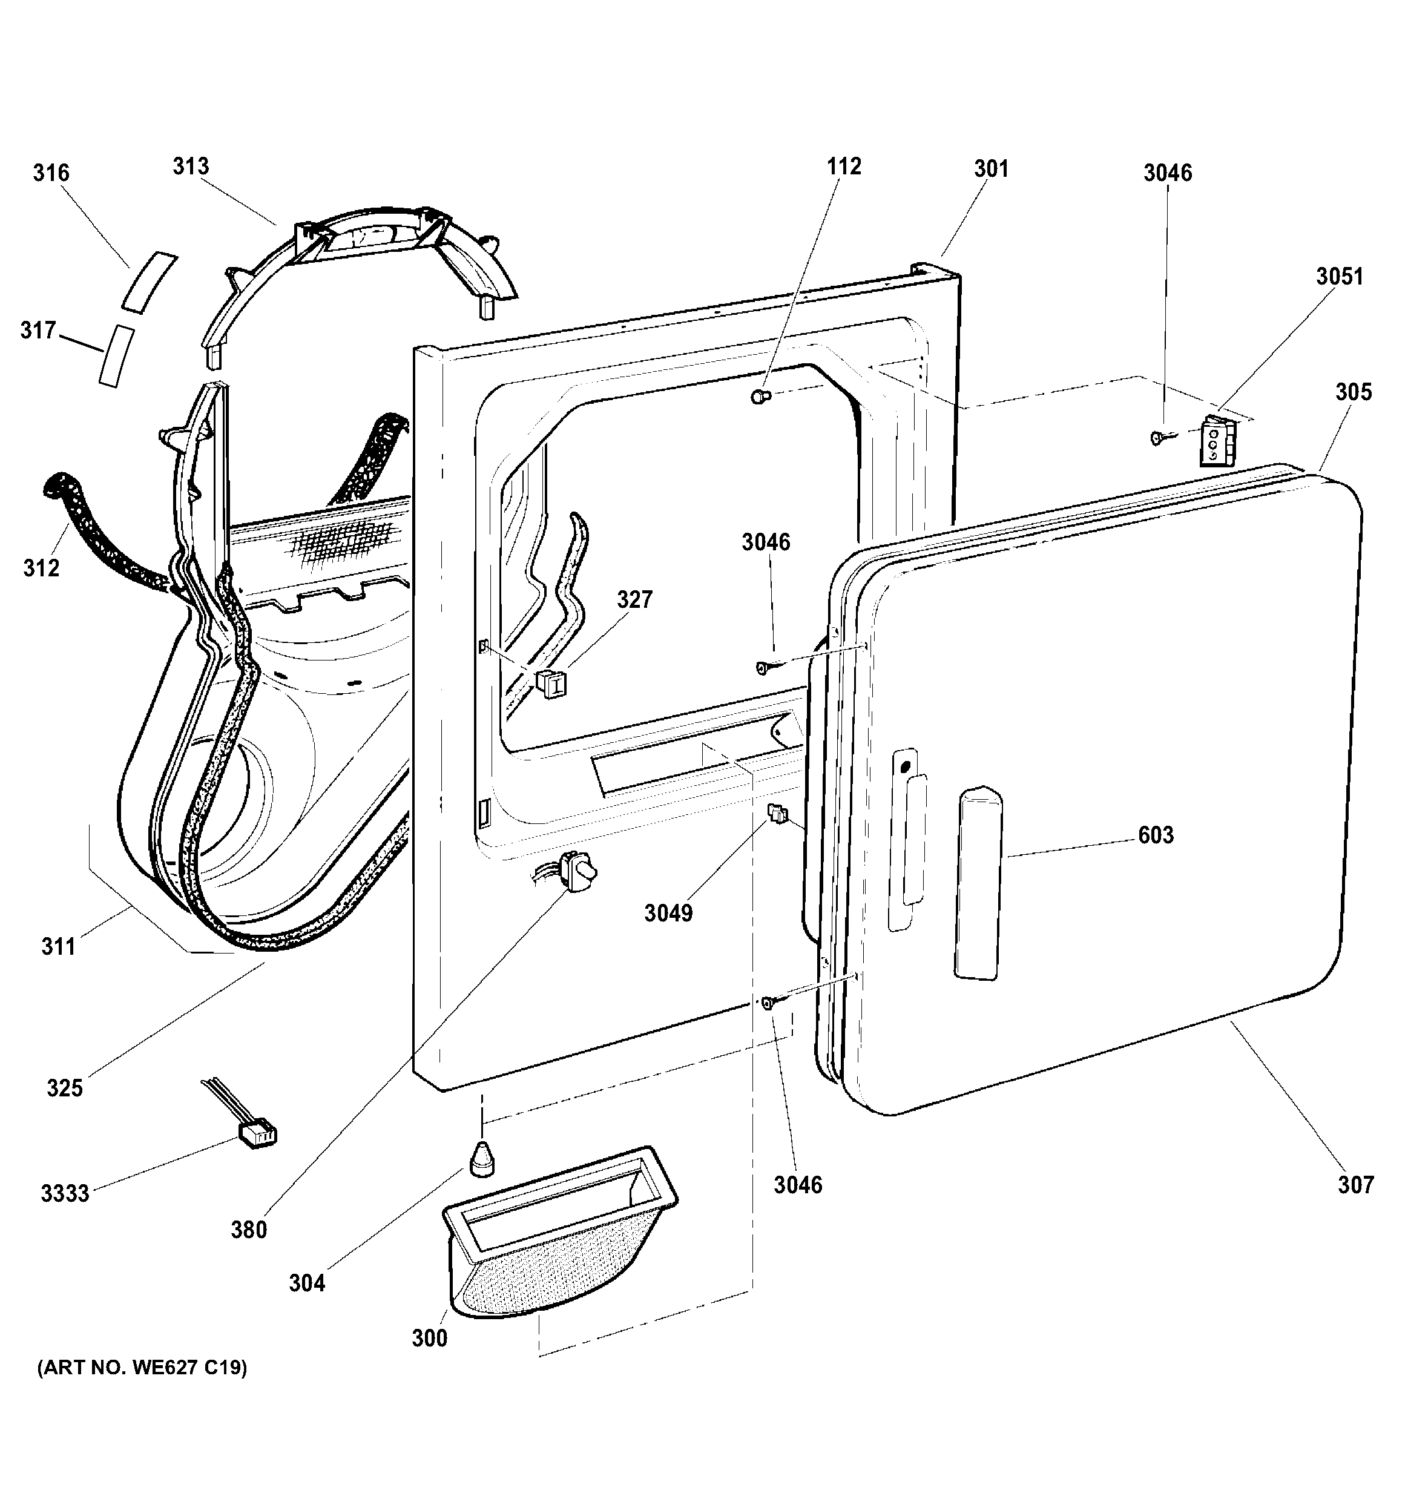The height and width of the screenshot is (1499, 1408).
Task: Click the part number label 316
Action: click(51, 173)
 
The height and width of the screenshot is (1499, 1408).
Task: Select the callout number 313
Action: click(191, 166)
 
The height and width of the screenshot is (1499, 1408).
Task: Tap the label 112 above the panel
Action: click(843, 166)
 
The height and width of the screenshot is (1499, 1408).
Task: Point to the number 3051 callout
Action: click(1340, 277)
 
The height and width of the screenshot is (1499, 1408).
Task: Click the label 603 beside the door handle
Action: click(1156, 835)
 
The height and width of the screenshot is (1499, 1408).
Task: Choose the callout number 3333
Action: click(65, 1194)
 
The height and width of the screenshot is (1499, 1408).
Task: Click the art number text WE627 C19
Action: click(142, 1368)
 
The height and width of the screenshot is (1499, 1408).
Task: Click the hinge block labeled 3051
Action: click(1217, 442)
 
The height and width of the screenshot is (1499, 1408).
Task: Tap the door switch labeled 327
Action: click(551, 683)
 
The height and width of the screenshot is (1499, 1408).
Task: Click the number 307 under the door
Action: click(1356, 1186)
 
